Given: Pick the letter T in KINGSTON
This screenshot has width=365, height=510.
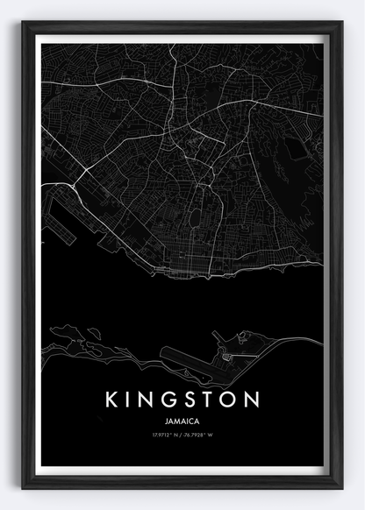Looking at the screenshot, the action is pos(212,399).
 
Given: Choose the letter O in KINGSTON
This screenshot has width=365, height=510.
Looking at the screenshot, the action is pos(232,399).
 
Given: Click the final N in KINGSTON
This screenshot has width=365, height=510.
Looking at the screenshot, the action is pos(254,399).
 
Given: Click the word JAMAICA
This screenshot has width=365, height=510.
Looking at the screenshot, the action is pos(182,421).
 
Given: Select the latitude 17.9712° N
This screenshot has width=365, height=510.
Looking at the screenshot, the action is pos(167,435).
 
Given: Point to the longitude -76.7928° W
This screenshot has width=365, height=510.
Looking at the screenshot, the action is pos(201,435).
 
